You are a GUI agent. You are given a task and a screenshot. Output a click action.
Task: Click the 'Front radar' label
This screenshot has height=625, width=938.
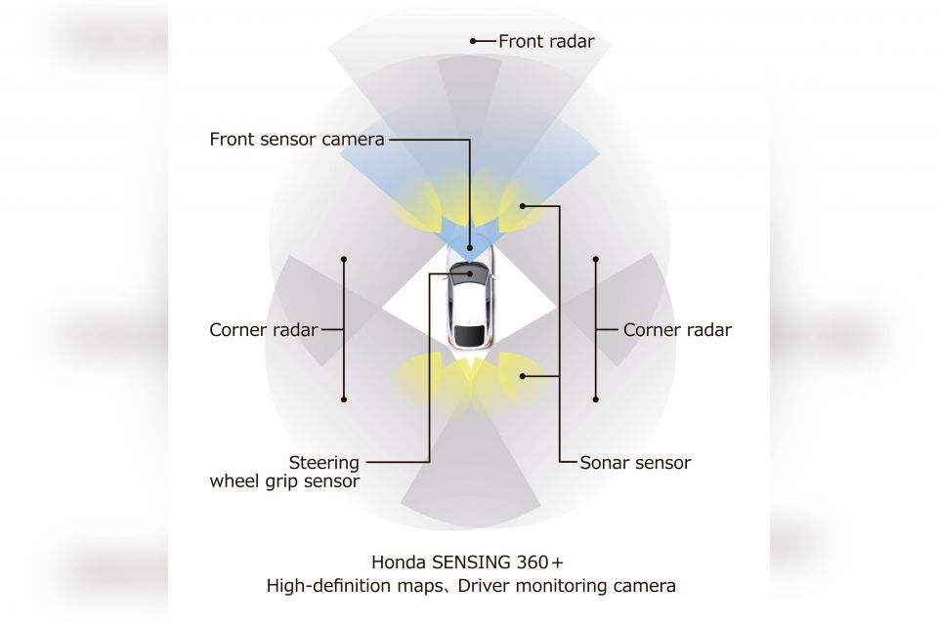(x=546, y=41)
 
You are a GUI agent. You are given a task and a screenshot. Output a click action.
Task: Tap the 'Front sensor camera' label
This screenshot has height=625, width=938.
(x=297, y=140)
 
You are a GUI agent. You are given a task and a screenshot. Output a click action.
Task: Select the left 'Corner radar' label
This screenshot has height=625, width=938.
(x=263, y=329)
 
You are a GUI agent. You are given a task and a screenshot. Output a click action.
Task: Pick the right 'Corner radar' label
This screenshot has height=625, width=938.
(x=677, y=329)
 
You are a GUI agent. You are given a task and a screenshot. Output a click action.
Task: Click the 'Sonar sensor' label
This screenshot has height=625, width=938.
(x=635, y=462)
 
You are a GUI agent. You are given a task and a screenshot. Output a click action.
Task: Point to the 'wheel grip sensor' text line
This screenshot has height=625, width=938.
(x=284, y=481)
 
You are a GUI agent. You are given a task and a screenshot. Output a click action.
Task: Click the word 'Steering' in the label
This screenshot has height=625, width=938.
(x=324, y=463)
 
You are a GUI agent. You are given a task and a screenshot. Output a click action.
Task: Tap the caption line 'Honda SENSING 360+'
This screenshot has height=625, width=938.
(x=468, y=562)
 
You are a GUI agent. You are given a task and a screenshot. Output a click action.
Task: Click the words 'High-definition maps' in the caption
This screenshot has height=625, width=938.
(x=354, y=586)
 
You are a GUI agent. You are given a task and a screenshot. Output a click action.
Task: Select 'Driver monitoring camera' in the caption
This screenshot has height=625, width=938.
(x=567, y=586)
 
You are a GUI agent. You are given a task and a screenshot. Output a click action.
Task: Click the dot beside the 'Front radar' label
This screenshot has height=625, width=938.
(x=473, y=41)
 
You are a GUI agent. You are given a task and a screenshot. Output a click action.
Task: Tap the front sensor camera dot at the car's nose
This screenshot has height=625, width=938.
(x=470, y=248)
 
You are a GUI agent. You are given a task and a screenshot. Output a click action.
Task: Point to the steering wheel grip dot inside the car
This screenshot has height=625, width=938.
(x=471, y=273)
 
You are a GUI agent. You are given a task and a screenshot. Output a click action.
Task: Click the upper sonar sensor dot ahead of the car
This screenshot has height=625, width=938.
(x=522, y=206)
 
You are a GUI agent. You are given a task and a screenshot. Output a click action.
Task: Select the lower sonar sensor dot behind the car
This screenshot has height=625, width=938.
(x=522, y=376)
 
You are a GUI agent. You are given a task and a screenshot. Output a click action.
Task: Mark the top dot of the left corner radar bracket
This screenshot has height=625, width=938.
(x=344, y=260)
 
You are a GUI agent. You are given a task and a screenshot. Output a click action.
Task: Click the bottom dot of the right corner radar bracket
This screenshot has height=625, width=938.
(x=596, y=398)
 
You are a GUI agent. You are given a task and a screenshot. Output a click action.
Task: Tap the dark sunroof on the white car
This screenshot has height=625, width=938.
(x=469, y=335)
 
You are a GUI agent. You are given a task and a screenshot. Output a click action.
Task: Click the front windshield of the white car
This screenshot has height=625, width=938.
(x=467, y=272)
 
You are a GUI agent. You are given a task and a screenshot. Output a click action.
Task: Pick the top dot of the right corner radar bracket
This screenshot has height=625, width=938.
(x=596, y=260)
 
